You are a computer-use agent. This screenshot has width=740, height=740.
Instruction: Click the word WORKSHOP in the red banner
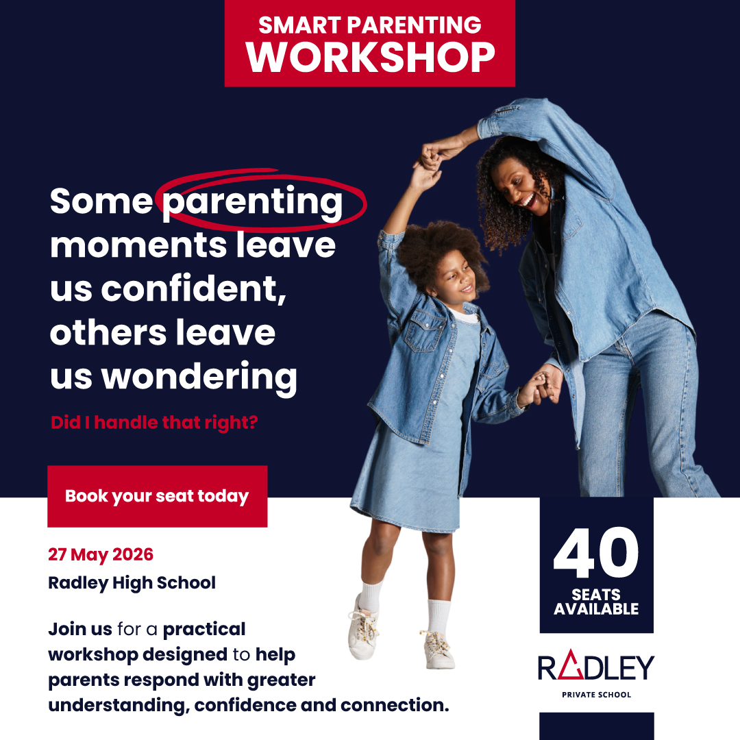point(370,57)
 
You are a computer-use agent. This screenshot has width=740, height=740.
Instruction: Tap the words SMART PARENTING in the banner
point(370,25)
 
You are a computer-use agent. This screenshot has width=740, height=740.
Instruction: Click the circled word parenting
point(252,202)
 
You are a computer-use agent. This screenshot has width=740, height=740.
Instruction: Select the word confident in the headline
point(193,288)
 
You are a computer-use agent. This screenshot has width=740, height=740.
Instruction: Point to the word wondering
point(199,378)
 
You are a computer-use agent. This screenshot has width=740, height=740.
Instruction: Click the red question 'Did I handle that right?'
point(154,422)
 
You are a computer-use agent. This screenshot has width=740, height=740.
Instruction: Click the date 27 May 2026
point(101,555)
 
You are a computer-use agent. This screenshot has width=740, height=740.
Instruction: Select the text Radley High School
point(132,583)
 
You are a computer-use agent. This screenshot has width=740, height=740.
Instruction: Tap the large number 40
point(596,553)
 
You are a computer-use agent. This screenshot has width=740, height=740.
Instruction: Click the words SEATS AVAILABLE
point(596,602)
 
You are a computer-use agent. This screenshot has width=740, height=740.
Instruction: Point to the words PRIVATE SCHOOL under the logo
point(596,695)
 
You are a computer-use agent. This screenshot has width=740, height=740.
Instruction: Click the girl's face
point(456,280)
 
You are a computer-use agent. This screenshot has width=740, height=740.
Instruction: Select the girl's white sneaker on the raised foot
point(363,628)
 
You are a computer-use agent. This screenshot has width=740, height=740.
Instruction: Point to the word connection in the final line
point(395,705)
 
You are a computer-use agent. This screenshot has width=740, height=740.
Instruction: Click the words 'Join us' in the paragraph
point(80,630)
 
